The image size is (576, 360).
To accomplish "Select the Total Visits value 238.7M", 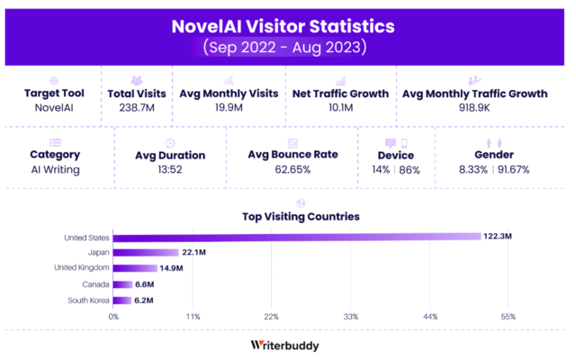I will click(136, 107).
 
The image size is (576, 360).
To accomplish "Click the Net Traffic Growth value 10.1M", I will click(339, 107).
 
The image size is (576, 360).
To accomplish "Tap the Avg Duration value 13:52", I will click(169, 169).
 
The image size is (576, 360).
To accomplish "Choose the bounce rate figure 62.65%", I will click(292, 169).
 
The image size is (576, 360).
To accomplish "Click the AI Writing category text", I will click(55, 169).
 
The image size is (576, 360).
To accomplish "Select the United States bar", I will click(298, 237).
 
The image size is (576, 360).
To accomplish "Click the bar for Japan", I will click(146, 252).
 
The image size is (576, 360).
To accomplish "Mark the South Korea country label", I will click(88, 300).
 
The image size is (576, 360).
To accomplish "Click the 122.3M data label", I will click(498, 237).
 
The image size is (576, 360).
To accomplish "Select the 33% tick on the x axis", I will click(351, 317).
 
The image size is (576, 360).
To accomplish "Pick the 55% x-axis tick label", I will click(508, 317).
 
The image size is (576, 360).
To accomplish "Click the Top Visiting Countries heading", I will click(301, 217).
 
